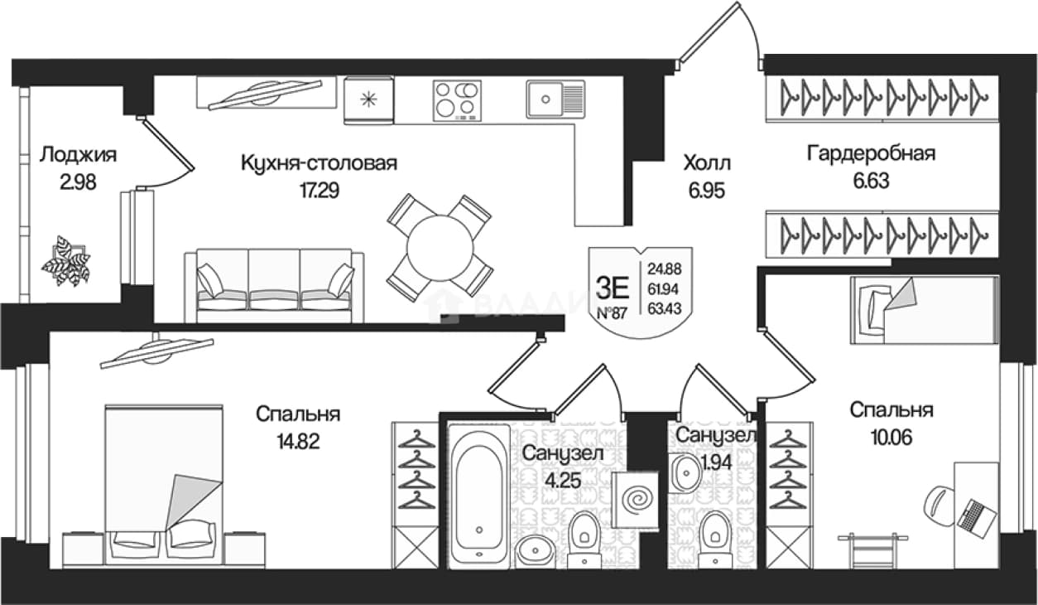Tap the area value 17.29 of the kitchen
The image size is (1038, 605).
(x=320, y=191)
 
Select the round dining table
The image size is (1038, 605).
(x=440, y=248)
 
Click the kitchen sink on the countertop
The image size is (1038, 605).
(x=555, y=99)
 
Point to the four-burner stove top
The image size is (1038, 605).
(x=457, y=100)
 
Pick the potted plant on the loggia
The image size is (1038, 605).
(x=65, y=261)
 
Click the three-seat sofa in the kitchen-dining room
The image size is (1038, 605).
(x=274, y=285)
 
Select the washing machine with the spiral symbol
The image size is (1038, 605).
(x=635, y=500)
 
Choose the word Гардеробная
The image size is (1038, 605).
(x=871, y=153)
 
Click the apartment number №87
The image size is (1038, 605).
(x=612, y=313)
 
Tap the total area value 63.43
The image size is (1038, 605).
(x=665, y=308)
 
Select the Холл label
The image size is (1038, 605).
(x=707, y=163)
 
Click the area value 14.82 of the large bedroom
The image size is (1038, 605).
(x=299, y=441)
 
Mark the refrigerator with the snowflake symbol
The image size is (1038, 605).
(x=369, y=100)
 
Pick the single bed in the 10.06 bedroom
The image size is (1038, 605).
(x=924, y=311)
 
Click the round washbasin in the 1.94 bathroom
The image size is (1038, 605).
(x=686, y=473)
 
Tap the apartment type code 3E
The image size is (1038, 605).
(x=613, y=288)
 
